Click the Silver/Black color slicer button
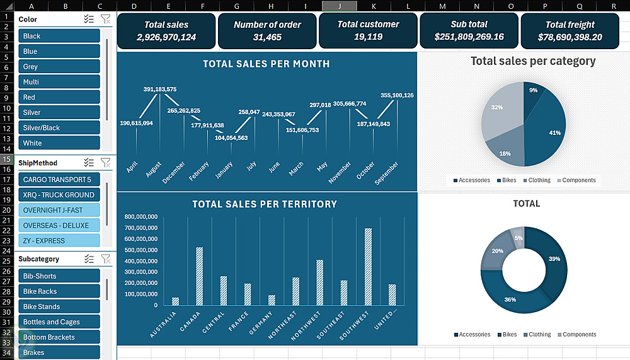point(59,128)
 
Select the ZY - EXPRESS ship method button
point(59,241)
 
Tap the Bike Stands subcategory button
point(59,307)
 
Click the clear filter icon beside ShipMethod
point(106,163)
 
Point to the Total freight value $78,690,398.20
point(570,37)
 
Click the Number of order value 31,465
point(268,37)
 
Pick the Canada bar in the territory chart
point(200,276)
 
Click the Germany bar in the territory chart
point(272,300)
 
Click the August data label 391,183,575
point(160,90)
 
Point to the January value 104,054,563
point(231,137)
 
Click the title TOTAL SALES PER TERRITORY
point(265,204)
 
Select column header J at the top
point(340,6)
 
